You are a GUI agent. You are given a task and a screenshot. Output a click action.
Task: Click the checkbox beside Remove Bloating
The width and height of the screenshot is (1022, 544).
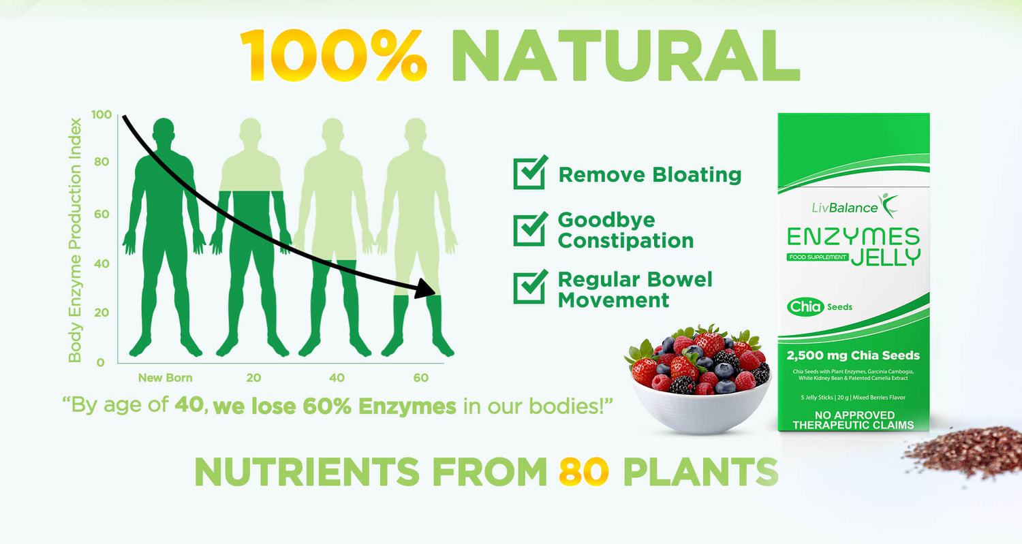tap(530, 172)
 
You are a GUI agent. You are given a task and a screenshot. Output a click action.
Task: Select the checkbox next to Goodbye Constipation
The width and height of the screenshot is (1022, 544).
tap(530, 229)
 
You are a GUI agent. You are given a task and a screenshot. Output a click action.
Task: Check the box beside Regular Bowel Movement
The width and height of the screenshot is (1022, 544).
tap(530, 287)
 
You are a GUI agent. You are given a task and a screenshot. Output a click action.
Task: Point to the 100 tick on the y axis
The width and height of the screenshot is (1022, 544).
tap(102, 114)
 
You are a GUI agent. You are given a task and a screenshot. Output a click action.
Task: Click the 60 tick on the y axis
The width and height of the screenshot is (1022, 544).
tap(102, 214)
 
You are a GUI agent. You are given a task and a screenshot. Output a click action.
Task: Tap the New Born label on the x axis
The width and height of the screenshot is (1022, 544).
tap(165, 378)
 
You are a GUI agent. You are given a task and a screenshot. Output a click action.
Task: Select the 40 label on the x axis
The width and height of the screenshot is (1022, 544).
tap(337, 378)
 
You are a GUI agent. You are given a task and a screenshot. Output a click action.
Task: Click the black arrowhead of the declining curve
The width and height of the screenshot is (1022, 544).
tap(425, 289)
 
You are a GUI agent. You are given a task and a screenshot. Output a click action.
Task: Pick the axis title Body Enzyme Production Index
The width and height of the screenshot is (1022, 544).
tap(75, 240)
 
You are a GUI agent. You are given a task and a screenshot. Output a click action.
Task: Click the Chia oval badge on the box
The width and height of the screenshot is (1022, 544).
tap(805, 306)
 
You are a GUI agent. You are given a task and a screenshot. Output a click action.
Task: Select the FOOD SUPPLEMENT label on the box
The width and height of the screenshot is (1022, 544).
tap(818, 257)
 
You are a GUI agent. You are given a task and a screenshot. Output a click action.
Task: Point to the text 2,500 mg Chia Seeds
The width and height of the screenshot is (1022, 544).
tap(853, 355)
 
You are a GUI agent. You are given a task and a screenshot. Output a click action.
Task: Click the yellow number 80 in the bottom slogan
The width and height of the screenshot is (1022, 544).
tap(584, 471)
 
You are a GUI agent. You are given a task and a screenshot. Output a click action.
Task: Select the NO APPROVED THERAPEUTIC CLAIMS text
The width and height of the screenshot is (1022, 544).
tap(853, 420)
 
